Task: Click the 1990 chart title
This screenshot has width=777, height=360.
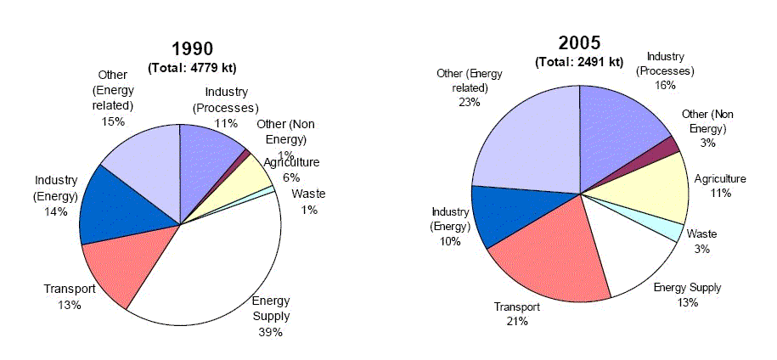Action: (x=192, y=48)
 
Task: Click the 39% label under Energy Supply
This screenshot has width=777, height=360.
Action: (x=270, y=332)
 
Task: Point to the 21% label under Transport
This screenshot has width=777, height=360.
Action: (x=518, y=321)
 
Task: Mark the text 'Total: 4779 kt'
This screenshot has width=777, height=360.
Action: (x=192, y=67)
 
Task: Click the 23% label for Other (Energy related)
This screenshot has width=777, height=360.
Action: (x=469, y=102)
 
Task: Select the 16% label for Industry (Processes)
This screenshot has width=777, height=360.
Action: (x=665, y=85)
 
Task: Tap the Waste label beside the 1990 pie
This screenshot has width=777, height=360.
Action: (x=308, y=194)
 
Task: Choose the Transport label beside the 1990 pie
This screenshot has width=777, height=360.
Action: (x=70, y=290)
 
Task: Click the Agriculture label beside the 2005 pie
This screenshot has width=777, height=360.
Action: (x=720, y=178)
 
